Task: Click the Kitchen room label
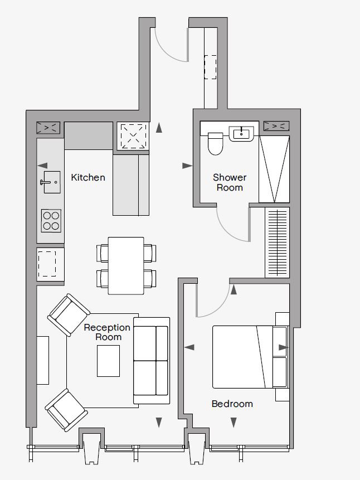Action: pyautogui.click(x=88, y=177)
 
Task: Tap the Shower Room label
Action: pyautogui.click(x=230, y=182)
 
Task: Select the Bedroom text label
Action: pyautogui.click(x=232, y=404)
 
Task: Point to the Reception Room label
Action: pyautogui.click(x=107, y=332)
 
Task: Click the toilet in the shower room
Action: pyautogui.click(x=215, y=143)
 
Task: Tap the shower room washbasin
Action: pyautogui.click(x=241, y=134)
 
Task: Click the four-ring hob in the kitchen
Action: pyautogui.click(x=51, y=221)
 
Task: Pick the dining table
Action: pyautogui.click(x=126, y=266)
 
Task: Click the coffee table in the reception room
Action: pyautogui.click(x=108, y=361)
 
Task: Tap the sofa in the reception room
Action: pyautogui.click(x=152, y=361)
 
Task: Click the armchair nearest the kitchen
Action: pyautogui.click(x=69, y=315)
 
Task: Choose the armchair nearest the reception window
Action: pyautogui.click(x=66, y=410)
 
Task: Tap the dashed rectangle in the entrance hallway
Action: pyautogui.click(x=210, y=67)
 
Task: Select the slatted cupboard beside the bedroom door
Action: pyautogui.click(x=278, y=243)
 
